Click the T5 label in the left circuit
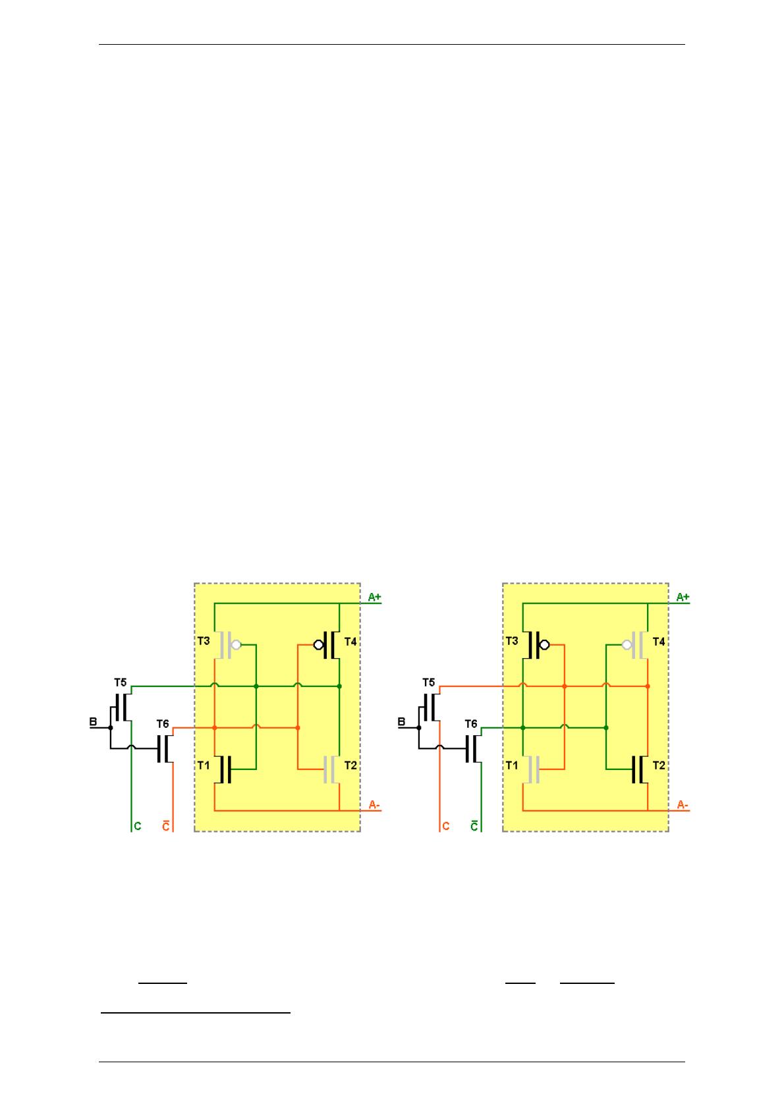point(121,682)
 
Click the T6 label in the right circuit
point(471,724)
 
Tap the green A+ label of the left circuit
point(374,598)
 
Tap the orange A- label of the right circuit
point(683,806)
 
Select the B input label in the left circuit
point(93,722)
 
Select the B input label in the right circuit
point(402,722)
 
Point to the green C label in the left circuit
point(138,826)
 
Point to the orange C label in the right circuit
point(445,826)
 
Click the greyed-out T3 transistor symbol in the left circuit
point(228,645)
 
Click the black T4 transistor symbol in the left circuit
point(327,645)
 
